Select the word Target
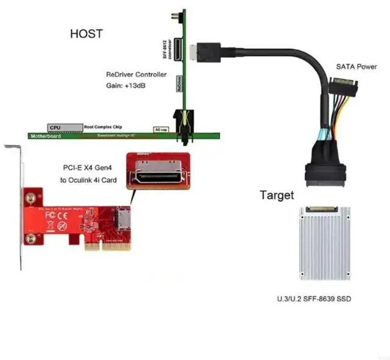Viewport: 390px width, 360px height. (277, 196)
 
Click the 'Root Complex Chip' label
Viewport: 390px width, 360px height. (101, 127)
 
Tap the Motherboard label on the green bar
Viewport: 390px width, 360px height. (46, 135)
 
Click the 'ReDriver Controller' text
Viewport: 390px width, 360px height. (136, 74)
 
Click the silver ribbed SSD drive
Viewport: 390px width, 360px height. (325, 243)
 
